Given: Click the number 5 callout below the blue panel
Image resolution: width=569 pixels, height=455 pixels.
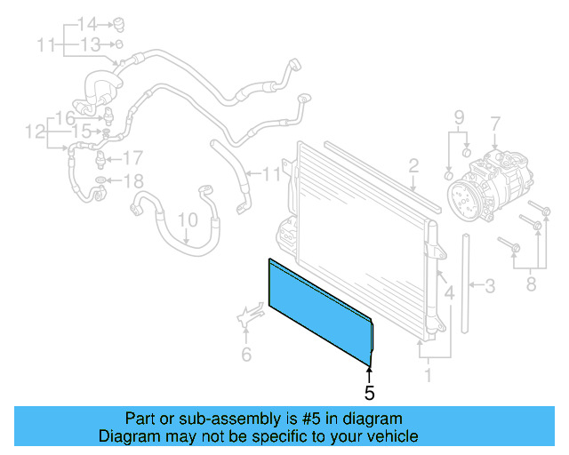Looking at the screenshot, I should tap(370, 391).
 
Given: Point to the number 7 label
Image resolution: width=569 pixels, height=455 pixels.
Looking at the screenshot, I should tap(495, 123).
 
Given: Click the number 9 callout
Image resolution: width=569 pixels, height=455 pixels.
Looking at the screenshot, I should tap(459, 117).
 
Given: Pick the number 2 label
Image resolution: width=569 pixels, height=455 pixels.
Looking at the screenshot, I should tap(413, 164).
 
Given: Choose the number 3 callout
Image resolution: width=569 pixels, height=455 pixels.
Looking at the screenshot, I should tap(488, 286).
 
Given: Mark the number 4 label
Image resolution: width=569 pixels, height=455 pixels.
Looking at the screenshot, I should tap(449, 292).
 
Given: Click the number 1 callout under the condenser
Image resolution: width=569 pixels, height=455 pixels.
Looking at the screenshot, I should tap(429, 375).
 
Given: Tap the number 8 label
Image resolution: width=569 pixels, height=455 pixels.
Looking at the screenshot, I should tap(533, 284).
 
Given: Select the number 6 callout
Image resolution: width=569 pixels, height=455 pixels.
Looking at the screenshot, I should tap(246, 355).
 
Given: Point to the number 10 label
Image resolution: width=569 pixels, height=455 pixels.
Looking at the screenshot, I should tap(187, 219).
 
